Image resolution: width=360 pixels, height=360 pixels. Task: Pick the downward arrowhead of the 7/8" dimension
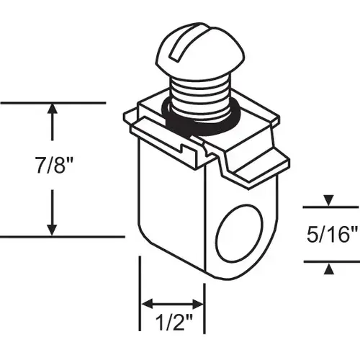tap(53, 228)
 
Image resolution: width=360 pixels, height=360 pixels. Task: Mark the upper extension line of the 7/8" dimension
tap(58, 103)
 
